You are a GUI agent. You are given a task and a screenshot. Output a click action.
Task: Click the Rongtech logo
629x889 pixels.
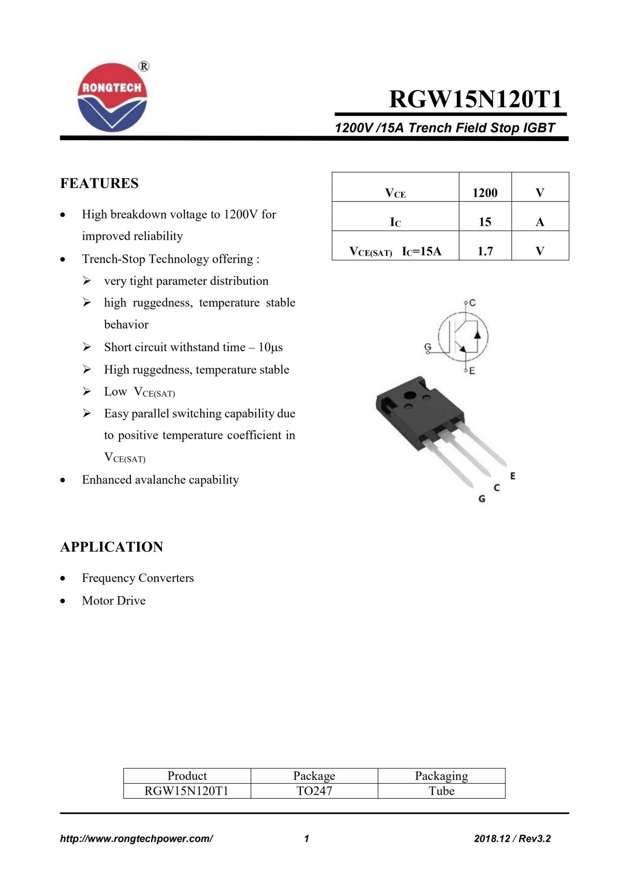coord(112,97)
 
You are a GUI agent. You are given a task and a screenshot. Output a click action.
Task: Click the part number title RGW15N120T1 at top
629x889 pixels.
coord(475,99)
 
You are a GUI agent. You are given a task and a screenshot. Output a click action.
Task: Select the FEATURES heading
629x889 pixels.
coord(99,183)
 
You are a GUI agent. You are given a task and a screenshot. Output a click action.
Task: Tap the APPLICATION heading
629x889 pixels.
coord(112,547)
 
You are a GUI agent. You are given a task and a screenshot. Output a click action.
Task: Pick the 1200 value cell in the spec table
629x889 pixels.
coord(484,192)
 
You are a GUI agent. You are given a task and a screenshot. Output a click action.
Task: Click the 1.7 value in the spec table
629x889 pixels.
coord(485,251)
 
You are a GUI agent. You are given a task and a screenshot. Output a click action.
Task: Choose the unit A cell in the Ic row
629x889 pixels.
coord(539,222)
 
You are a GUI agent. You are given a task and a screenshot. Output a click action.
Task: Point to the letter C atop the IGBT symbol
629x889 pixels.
coord(472,303)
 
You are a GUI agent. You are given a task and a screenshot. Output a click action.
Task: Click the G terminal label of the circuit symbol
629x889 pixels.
coord(427,347)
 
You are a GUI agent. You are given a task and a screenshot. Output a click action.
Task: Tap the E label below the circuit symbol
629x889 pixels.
coord(472,371)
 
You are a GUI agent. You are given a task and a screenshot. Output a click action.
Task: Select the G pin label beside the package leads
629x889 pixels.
coord(482,499)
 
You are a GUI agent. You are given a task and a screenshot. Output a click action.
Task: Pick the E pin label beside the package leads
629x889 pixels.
coord(513,476)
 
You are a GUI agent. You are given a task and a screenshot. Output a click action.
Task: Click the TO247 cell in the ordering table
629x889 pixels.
coord(314,791)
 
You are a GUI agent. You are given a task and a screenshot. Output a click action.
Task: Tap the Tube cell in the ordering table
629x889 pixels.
coord(441,791)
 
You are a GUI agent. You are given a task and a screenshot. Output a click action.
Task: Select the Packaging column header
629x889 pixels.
coord(441,775)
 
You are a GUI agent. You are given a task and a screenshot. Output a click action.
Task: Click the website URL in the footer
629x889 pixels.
coord(137,839)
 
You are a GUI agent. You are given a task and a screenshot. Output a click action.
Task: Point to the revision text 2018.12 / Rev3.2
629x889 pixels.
coord(512,839)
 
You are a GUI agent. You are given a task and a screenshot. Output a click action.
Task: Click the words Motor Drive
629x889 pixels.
coord(114,600)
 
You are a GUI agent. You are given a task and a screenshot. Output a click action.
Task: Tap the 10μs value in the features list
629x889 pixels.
coord(270,347)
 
